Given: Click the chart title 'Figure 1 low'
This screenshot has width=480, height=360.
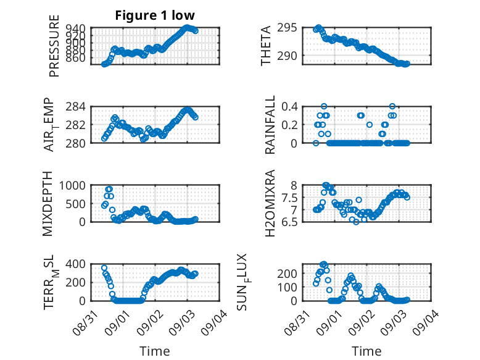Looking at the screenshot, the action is pyautogui.click(x=155, y=15).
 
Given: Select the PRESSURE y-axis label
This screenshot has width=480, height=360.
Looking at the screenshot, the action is pyautogui.click(x=54, y=46).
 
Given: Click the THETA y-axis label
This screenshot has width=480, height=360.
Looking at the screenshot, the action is pyautogui.click(x=266, y=46).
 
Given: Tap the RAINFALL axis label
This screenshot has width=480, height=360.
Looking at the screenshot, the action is pyautogui.click(x=270, y=125).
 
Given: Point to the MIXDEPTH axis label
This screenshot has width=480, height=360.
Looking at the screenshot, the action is pyautogui.click(x=48, y=203).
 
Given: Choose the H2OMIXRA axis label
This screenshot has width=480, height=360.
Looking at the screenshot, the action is pyautogui.click(x=270, y=203).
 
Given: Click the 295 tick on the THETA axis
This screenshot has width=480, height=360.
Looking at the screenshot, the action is pyautogui.click(x=287, y=28).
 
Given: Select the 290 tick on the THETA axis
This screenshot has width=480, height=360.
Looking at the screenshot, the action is pyautogui.click(x=287, y=56).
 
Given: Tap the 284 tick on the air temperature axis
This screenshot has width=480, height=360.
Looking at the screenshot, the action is pyautogui.click(x=75, y=107).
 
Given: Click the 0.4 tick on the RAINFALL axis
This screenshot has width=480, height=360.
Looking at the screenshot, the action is pyautogui.click(x=289, y=107).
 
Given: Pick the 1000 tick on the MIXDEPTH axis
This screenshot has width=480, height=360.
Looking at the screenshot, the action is pyautogui.click(x=72, y=185).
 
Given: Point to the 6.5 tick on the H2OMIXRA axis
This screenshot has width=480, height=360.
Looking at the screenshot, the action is pyautogui.click(x=289, y=222).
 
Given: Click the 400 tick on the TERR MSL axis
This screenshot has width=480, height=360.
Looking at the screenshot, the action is pyautogui.click(x=75, y=264).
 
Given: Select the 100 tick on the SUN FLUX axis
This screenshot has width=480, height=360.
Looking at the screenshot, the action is pyautogui.click(x=287, y=287).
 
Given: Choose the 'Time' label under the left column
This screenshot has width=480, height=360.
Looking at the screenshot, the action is pyautogui.click(x=155, y=351).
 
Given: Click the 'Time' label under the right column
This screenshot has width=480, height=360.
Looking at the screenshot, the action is pyautogui.click(x=366, y=351).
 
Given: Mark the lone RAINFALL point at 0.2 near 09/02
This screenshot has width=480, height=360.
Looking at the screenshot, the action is pyautogui.click(x=370, y=125).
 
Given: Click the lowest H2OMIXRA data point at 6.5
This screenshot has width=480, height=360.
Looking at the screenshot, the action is pyautogui.click(x=356, y=222).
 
